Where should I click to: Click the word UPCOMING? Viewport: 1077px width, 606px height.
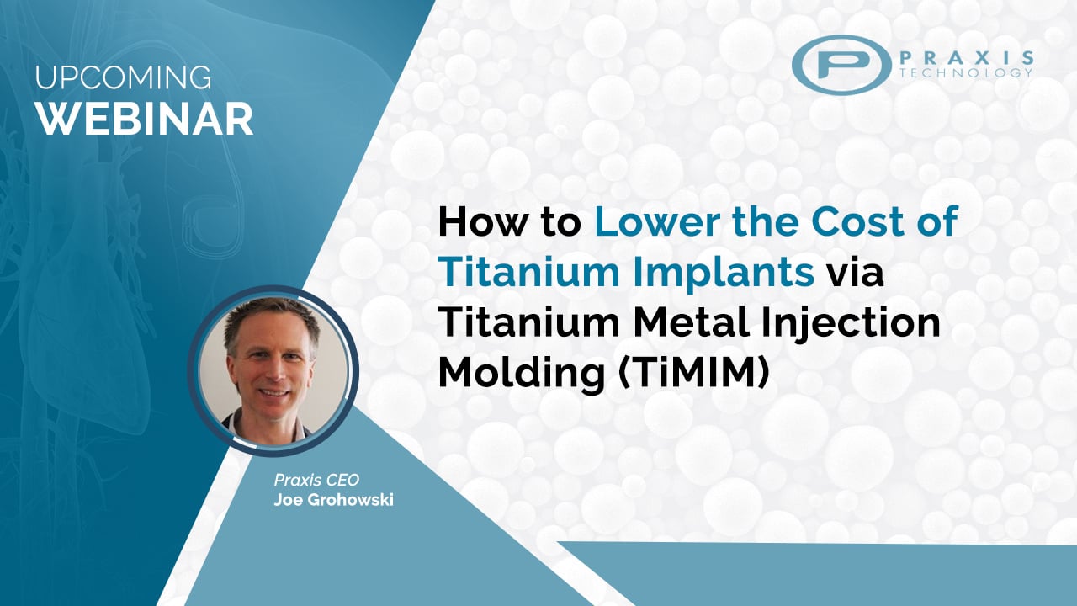pyautogui.click(x=124, y=77)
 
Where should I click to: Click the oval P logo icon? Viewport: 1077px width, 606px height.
pyautogui.click(x=841, y=63)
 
